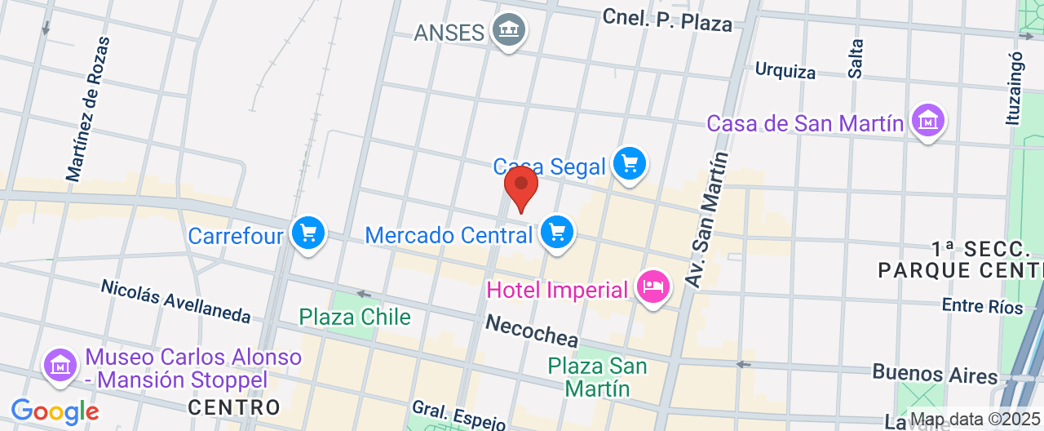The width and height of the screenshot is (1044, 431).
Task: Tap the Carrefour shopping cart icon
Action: pyautogui.click(x=308, y=234)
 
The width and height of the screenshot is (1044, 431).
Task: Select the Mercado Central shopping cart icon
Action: pyautogui.click(x=558, y=233)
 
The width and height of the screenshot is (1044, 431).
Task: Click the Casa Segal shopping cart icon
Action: pyautogui.click(x=630, y=164)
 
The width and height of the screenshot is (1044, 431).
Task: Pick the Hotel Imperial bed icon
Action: pyautogui.click(x=654, y=287)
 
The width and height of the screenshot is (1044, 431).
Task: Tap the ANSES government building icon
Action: pyautogui.click(x=510, y=31)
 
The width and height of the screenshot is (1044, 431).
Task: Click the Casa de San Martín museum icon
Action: pyautogui.click(x=928, y=122)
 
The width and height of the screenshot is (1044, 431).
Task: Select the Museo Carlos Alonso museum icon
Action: pyautogui.click(x=61, y=363)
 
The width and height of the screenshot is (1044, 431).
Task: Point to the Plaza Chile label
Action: pyautogui.click(x=355, y=317)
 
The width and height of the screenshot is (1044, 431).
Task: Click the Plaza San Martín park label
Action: pyautogui.click(x=598, y=376)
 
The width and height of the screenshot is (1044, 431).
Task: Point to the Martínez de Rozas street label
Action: pyautogui.click(x=88, y=109)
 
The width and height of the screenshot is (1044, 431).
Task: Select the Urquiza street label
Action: pyautogui.click(x=785, y=70)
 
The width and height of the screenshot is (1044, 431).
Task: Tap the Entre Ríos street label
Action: pyautogui.click(x=982, y=306)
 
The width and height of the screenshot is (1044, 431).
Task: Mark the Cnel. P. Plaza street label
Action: pyautogui.click(x=667, y=20)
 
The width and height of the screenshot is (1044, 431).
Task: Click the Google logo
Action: pyautogui.click(x=55, y=411)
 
